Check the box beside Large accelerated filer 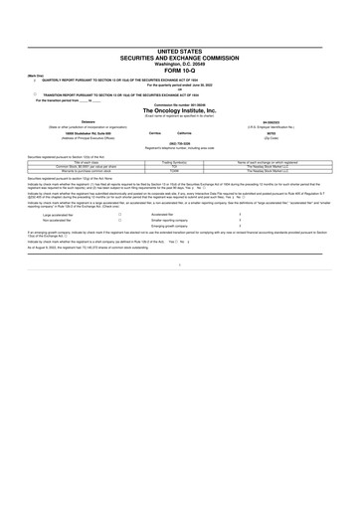pyautogui.click(x=119, y=214)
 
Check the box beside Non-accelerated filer pyautogui.click(x=119, y=222)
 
